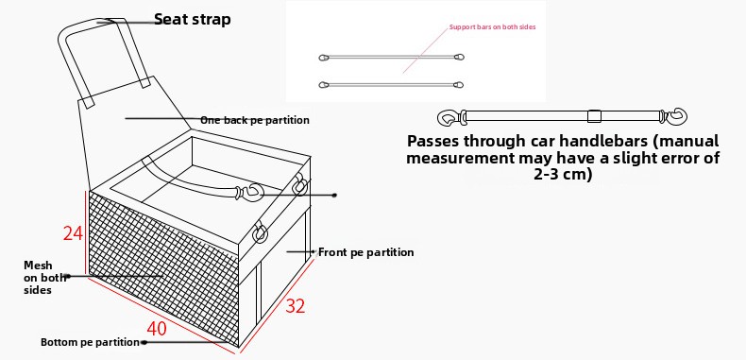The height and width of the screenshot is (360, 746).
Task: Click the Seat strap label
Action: [x=193, y=19]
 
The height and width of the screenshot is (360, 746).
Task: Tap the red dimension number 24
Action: [x=73, y=232]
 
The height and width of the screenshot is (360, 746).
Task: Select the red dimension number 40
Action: [x=157, y=329]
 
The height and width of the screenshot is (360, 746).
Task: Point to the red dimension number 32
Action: [x=295, y=306]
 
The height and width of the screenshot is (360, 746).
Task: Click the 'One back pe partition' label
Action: [x=255, y=120]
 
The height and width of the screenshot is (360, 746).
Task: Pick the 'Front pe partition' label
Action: [x=365, y=252]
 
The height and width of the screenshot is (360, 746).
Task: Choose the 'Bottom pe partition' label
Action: [x=90, y=342]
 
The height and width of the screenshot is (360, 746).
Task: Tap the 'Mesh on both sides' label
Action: [x=38, y=277]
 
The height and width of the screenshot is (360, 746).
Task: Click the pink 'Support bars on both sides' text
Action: [x=492, y=27]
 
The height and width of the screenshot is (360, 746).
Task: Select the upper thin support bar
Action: [x=391, y=57]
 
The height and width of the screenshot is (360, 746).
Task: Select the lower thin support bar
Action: [x=391, y=85]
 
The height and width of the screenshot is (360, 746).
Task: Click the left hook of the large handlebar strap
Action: [x=449, y=117]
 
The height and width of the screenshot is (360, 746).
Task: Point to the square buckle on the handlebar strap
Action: [x=594, y=116]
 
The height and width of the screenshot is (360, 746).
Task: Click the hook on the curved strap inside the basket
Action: [x=251, y=192]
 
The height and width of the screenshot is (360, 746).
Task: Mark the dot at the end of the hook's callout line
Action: [x=335, y=195]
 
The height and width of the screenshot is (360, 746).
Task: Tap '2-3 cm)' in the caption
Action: [x=563, y=174]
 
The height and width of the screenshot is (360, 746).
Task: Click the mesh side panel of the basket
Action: [x=161, y=266]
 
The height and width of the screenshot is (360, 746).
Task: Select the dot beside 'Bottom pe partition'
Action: [x=144, y=342]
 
